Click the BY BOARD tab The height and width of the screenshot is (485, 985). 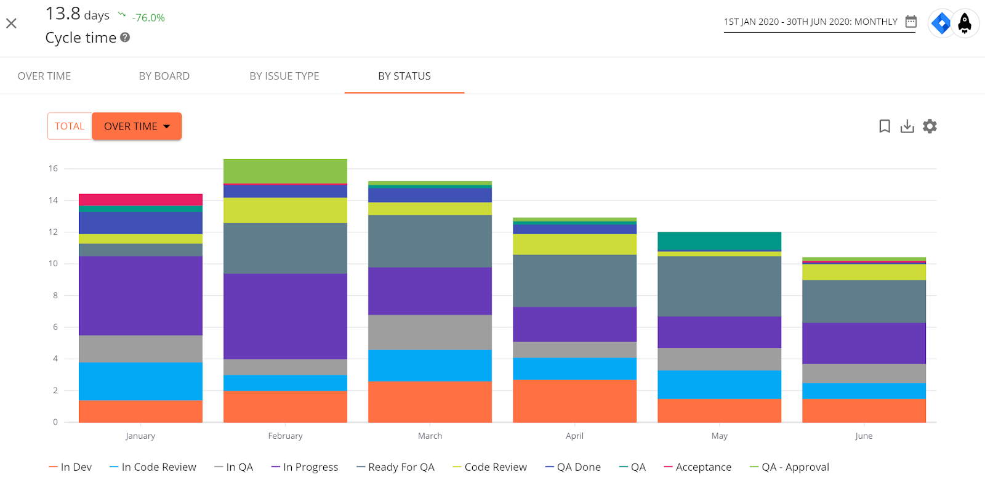pyautogui.click(x=164, y=76)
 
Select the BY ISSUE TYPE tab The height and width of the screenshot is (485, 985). pyautogui.click(x=284, y=76)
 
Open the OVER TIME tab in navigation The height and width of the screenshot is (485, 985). pyautogui.click(x=44, y=76)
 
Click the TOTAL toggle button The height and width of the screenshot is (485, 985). pyautogui.click(x=70, y=126)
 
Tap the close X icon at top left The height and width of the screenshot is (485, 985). pyautogui.click(x=11, y=23)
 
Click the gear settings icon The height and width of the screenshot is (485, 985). pyautogui.click(x=930, y=126)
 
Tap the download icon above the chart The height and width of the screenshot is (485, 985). pyautogui.click(x=907, y=126)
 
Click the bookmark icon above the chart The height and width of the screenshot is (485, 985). pyautogui.click(x=884, y=126)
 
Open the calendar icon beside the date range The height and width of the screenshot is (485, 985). pyautogui.click(x=911, y=22)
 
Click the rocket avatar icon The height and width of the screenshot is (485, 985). pyautogui.click(x=965, y=24)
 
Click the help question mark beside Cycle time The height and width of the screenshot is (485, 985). pyautogui.click(x=125, y=38)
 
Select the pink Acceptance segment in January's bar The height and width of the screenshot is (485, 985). pyautogui.click(x=140, y=200)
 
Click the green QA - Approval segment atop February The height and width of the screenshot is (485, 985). pyautogui.click(x=285, y=171)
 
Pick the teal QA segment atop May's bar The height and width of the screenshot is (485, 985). pyautogui.click(x=719, y=241)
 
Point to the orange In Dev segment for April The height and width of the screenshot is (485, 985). pyautogui.click(x=574, y=401)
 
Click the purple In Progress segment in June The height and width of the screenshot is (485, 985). pyautogui.click(x=864, y=343)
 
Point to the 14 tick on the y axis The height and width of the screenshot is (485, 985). pyautogui.click(x=54, y=200)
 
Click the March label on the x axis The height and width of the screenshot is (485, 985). pyautogui.click(x=430, y=436)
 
